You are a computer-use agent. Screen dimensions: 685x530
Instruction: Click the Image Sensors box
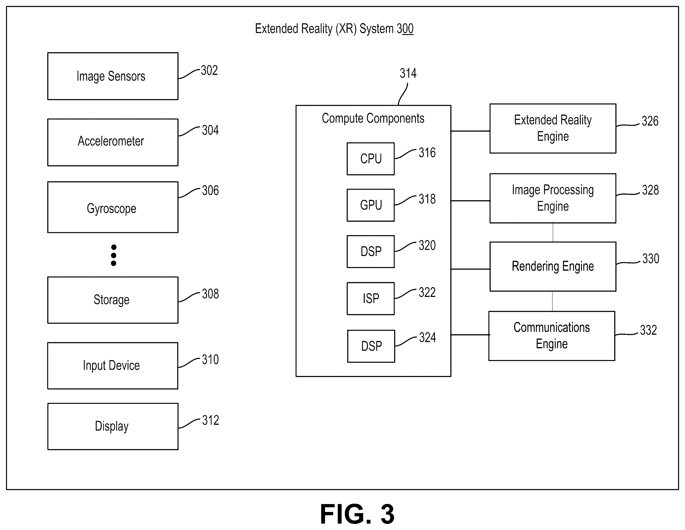[x=113, y=76]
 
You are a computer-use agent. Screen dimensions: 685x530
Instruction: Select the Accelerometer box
[x=113, y=142]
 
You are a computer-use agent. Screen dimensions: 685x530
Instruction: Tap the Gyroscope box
[x=113, y=207]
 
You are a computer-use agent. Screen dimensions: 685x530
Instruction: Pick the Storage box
[x=113, y=300]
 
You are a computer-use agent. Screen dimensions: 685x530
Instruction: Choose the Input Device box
[x=113, y=366]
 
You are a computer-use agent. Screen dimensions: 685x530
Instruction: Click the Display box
[x=113, y=427]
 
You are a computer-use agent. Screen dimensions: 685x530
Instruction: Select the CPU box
[x=371, y=159]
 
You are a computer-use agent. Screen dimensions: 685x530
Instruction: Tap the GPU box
[x=371, y=205]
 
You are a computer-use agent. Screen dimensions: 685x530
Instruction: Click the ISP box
[x=371, y=298]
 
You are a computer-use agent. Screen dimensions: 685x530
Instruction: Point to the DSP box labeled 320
[x=371, y=252]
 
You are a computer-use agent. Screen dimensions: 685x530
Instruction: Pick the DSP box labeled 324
[x=371, y=346]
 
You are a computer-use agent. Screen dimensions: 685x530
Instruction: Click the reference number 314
[x=408, y=73]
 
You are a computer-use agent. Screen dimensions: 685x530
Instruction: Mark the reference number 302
[x=209, y=70]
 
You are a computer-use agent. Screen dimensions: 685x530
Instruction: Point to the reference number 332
[x=648, y=330]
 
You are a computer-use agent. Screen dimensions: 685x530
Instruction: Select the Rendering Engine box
[x=553, y=266]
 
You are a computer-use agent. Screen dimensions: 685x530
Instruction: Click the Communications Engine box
[x=552, y=336]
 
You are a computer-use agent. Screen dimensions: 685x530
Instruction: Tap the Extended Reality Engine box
[x=553, y=128]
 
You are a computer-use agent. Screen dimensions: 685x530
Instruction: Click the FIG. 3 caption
[x=357, y=514]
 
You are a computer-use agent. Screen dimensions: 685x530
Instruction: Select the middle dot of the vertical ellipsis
[x=114, y=256]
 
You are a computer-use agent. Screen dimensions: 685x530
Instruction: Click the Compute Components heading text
[x=373, y=119]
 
